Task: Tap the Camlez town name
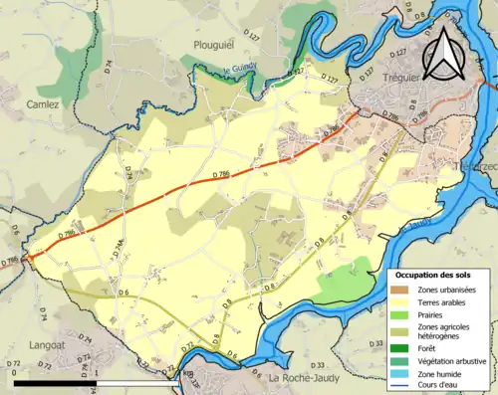pos(43,103)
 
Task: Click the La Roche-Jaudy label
pos(307,377)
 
